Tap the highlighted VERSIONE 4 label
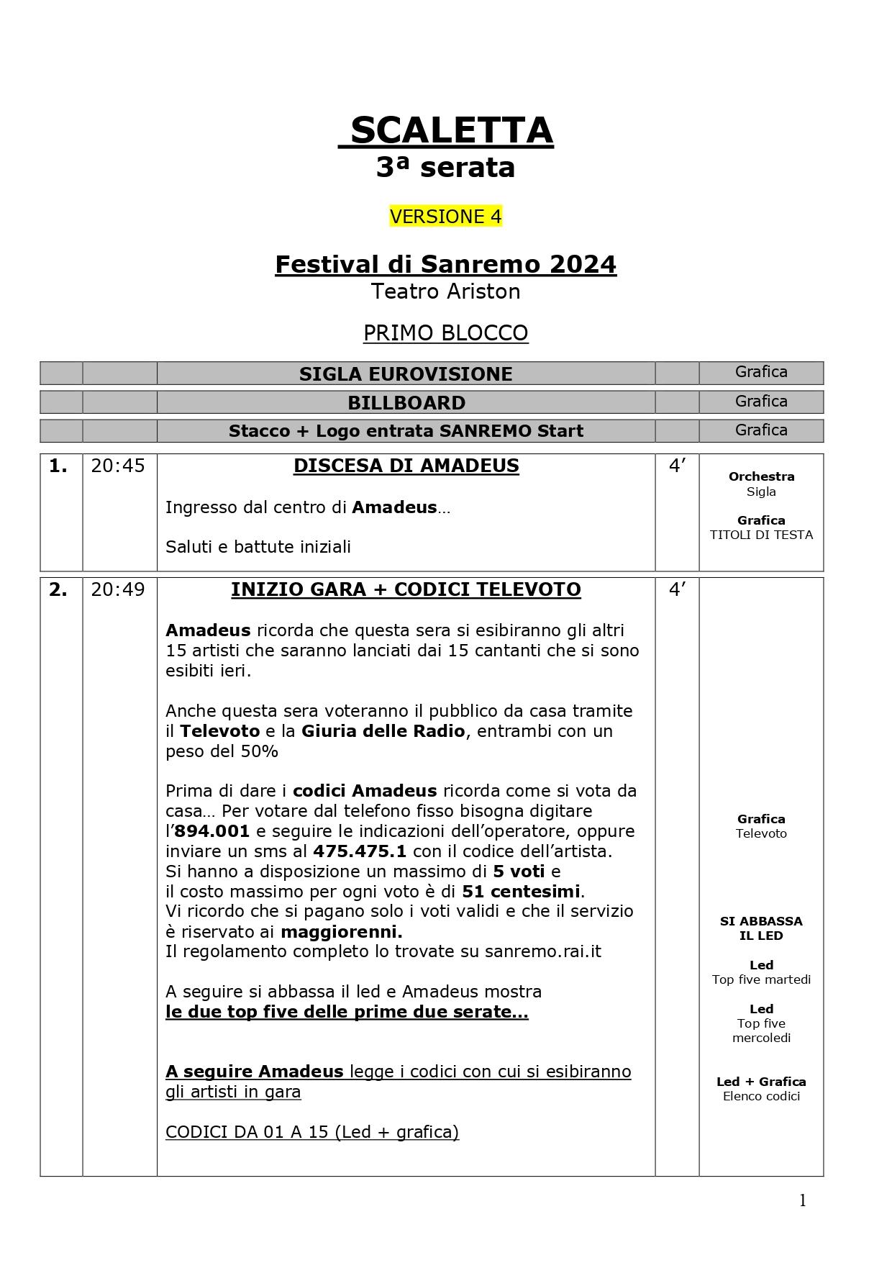(445, 217)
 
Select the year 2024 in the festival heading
(583, 264)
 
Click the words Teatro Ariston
(445, 291)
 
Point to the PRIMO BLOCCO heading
(445, 333)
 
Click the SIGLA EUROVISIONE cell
(406, 374)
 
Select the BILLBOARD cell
(406, 403)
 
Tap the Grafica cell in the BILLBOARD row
(760, 402)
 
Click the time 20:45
(118, 466)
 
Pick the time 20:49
(118, 590)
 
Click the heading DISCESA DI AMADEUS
(406, 466)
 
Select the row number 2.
(58, 590)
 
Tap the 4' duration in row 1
(677, 466)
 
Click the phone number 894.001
(212, 832)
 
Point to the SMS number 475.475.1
(360, 852)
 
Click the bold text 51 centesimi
(521, 892)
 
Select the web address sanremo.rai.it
(542, 952)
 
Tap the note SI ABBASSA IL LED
(760, 928)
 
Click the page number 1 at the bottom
(803, 1201)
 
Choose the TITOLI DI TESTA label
(760, 535)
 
